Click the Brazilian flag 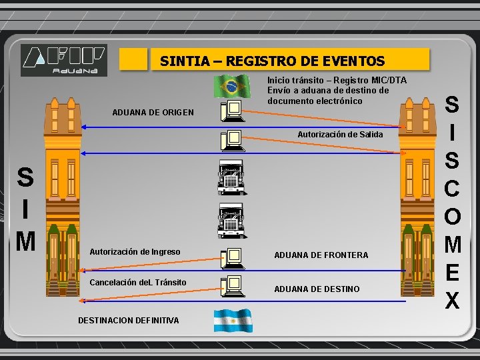click(x=231, y=86)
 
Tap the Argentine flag click(x=232, y=321)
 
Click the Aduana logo click(x=63, y=59)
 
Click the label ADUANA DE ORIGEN click(x=153, y=112)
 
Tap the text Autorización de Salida click(x=340, y=135)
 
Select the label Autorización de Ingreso click(x=135, y=252)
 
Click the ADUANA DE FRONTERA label click(x=321, y=255)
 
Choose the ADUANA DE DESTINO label click(x=317, y=289)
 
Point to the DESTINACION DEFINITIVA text click(x=128, y=321)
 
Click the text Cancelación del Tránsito click(x=137, y=283)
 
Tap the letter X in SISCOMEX click(x=452, y=301)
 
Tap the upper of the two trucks click(x=231, y=177)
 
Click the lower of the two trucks click(x=231, y=220)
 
